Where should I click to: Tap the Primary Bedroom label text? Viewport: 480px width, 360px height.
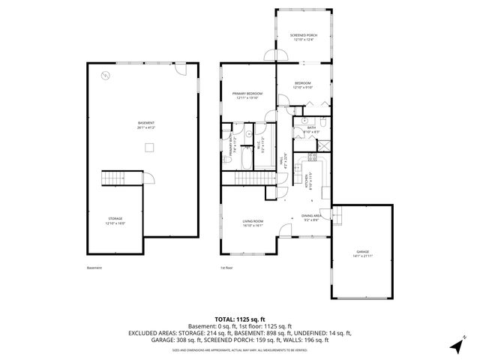pyautogui.click(x=247, y=93)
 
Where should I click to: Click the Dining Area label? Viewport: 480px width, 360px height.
pyautogui.click(x=313, y=217)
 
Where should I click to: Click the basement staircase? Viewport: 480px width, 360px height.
pyautogui.click(x=112, y=178)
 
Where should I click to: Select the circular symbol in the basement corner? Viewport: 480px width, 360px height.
pyautogui.click(x=105, y=73)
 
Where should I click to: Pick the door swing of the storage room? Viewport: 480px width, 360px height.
pyautogui.click(x=148, y=180)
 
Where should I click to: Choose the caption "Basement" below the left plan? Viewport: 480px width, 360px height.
pyautogui.click(x=93, y=268)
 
